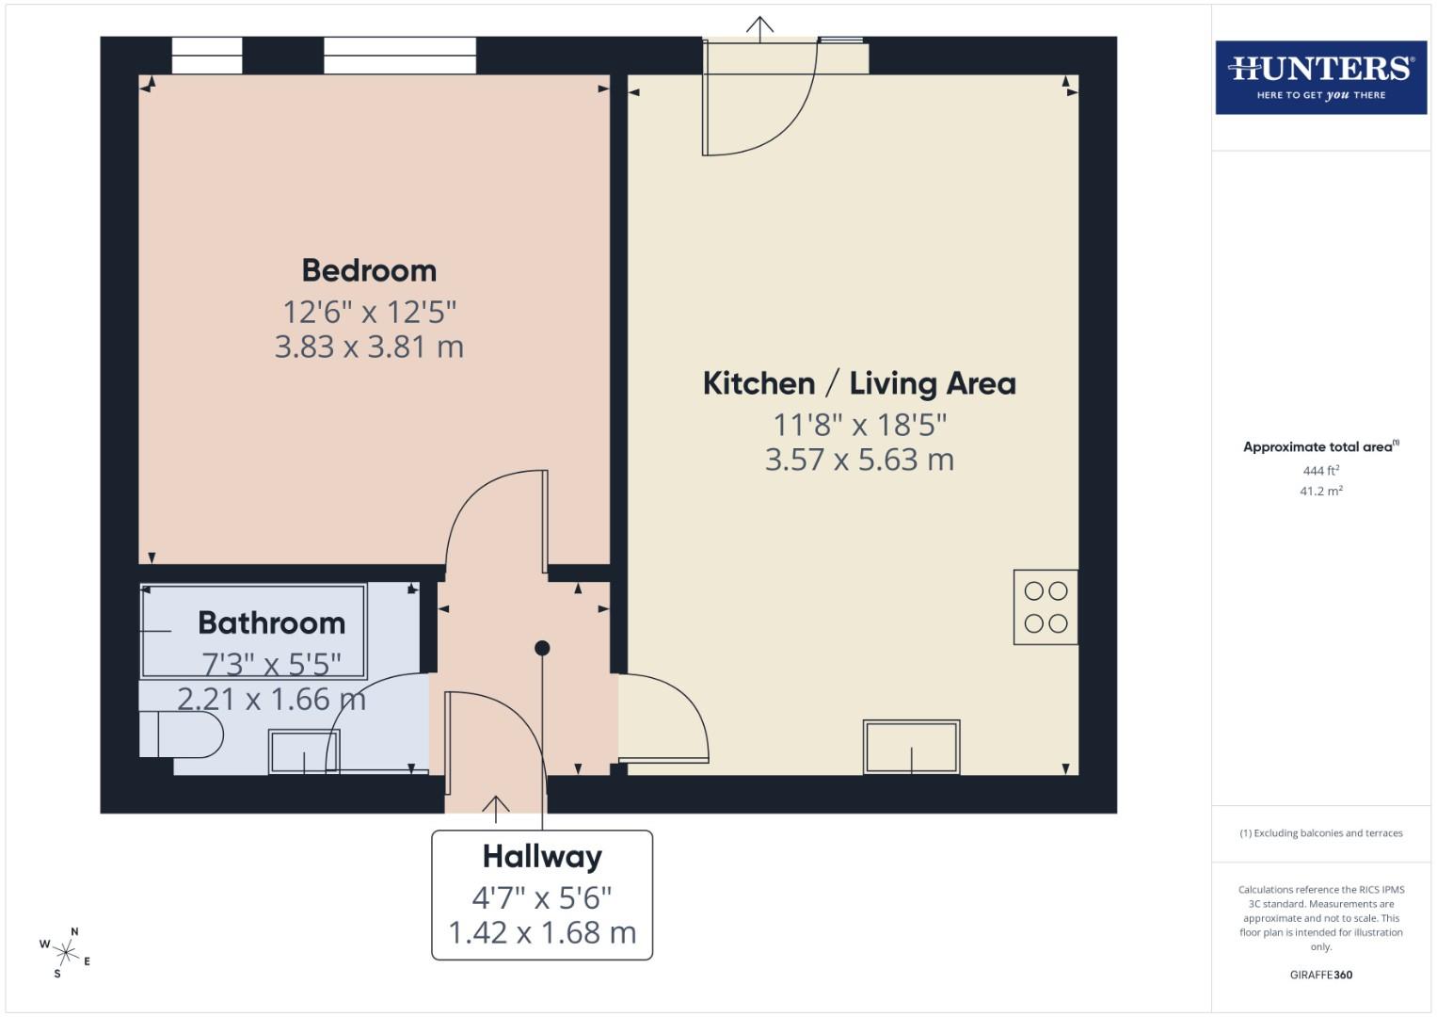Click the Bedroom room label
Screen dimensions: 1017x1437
(369, 271)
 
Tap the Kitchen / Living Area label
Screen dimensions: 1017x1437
(858, 384)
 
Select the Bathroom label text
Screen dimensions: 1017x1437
(271, 623)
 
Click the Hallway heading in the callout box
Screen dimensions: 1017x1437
(542, 857)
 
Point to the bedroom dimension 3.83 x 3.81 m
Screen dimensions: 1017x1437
(369, 347)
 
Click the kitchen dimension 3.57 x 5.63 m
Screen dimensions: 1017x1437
(858, 460)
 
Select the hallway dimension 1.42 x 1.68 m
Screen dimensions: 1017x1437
(542, 933)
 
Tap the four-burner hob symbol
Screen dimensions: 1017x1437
(1045, 607)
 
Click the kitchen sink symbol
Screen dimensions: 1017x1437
(911, 748)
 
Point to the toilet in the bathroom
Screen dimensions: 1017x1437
(184, 734)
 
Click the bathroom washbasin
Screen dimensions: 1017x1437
(303, 751)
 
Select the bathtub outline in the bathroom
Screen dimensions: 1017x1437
(252, 631)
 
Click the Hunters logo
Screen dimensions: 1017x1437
(1320, 77)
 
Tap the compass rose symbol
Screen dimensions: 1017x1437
(65, 952)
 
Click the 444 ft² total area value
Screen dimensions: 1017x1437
(1320, 470)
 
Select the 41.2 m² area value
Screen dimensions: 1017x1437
(1320, 491)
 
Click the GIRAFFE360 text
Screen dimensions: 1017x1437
(1320, 975)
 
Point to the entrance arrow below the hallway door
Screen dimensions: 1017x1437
(495, 807)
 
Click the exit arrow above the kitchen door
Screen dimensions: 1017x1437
(759, 27)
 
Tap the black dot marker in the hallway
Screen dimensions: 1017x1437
(542, 648)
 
